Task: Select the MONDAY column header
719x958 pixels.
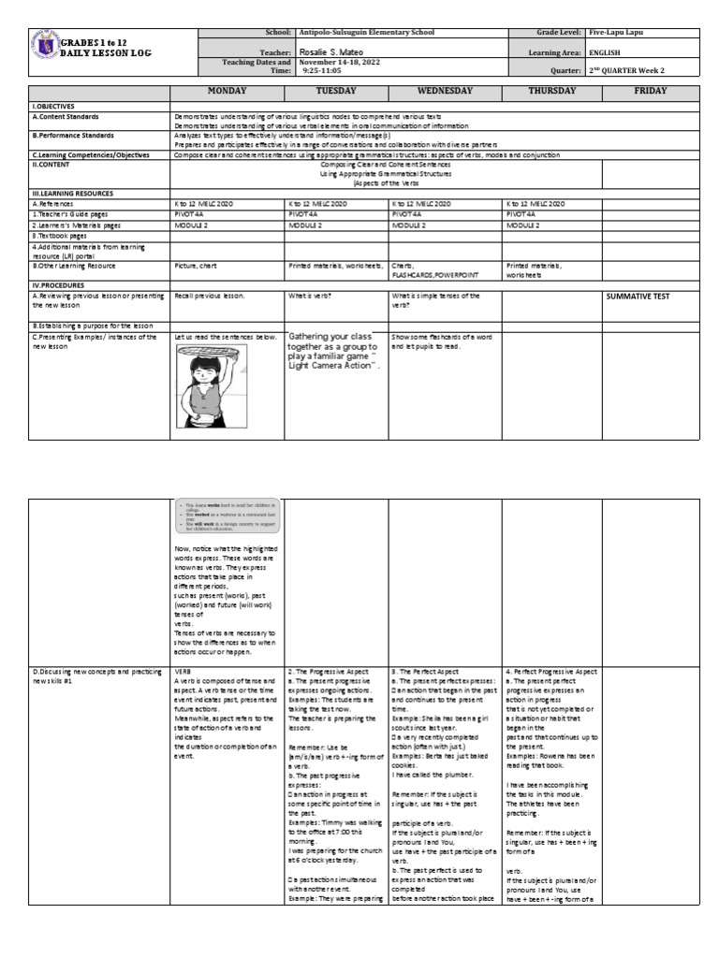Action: [x=226, y=92]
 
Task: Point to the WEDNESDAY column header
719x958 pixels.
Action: [x=445, y=92]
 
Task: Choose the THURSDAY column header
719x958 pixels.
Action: [x=551, y=92]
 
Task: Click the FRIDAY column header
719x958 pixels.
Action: [x=650, y=92]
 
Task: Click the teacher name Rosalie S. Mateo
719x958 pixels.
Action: [x=332, y=52]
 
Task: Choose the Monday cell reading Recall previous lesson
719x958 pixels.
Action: [x=210, y=297]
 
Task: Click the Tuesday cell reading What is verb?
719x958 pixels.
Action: [x=310, y=297]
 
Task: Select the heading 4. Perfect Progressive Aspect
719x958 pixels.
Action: [x=551, y=672]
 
